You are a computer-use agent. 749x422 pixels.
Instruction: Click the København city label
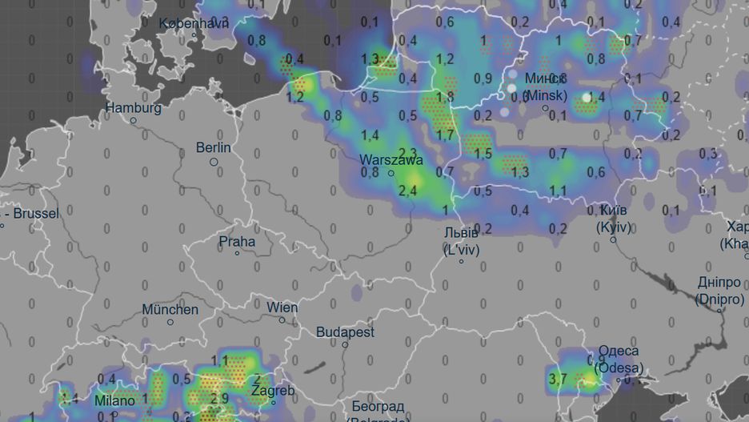pos(194,23)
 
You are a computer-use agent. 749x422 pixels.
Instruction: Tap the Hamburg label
pos(134,108)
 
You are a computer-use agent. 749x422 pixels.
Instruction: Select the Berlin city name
pos(214,147)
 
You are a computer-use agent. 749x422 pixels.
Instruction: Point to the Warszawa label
pos(391,159)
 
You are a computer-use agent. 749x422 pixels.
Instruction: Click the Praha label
pos(238,241)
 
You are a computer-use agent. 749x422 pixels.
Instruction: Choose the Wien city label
pos(282,307)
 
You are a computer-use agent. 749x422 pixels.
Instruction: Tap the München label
pos(170,309)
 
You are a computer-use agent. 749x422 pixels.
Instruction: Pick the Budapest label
pos(345,332)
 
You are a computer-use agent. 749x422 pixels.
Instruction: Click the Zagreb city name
pos(273,392)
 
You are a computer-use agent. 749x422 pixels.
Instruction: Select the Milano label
pos(114,400)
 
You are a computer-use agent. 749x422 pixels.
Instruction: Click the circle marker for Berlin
pos(214,162)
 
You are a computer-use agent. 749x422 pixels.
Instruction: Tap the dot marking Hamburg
pos(134,121)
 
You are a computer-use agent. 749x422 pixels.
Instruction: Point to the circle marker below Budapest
pos(346,345)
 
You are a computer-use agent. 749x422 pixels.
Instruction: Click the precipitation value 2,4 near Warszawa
pos(407,190)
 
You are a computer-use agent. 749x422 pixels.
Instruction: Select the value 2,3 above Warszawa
pos(407,152)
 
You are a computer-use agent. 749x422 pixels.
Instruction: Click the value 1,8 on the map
pos(445,97)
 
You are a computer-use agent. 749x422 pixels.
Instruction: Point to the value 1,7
pos(445,134)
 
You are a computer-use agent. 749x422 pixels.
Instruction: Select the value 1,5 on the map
pos(483,152)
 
